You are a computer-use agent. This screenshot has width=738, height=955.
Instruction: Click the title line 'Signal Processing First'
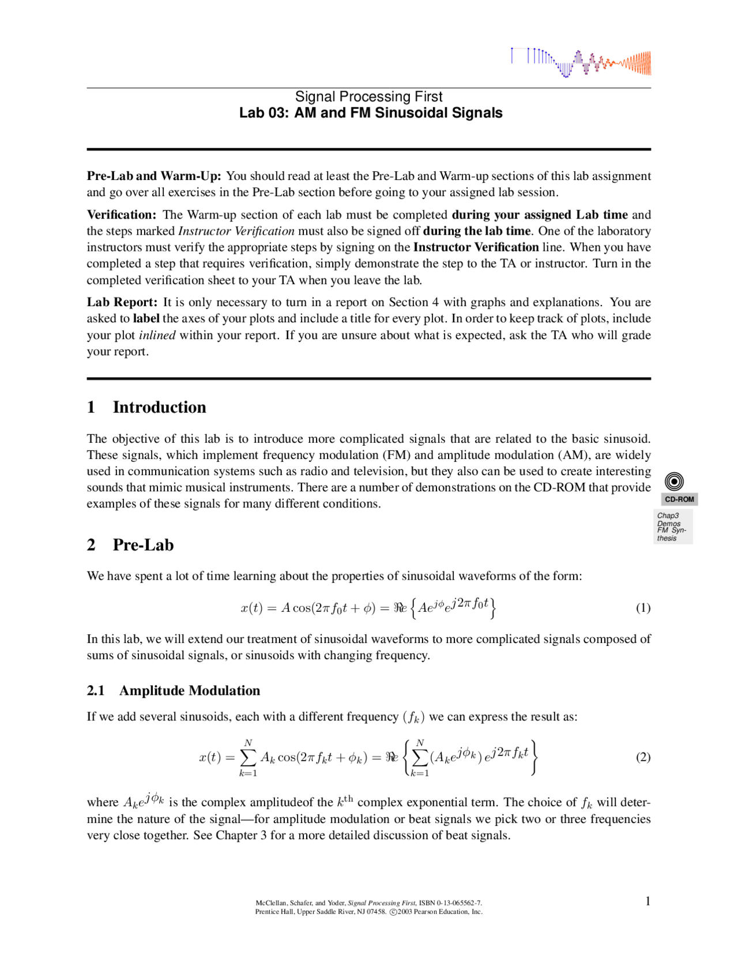point(369,96)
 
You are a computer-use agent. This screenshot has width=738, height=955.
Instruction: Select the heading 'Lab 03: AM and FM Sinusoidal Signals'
point(371,113)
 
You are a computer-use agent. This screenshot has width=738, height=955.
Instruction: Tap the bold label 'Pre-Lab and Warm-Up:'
point(154,176)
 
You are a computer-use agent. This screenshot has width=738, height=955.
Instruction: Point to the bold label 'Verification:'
point(122,215)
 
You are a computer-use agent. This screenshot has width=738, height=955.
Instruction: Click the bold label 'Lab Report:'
point(122,302)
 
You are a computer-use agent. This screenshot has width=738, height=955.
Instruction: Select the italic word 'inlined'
point(157,335)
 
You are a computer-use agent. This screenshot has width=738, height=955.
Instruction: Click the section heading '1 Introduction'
point(146,407)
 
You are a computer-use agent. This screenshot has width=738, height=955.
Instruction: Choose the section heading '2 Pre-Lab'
point(130,545)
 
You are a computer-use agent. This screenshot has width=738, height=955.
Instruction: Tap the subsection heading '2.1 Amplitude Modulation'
point(174,690)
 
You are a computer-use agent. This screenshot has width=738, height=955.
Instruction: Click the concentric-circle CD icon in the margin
point(674,482)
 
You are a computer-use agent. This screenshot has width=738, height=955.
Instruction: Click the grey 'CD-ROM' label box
point(679,499)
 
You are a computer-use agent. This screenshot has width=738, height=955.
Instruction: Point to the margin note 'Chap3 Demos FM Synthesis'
point(672,527)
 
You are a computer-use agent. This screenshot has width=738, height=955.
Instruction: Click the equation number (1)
point(643,608)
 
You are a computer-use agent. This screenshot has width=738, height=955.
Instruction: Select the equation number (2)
point(643,757)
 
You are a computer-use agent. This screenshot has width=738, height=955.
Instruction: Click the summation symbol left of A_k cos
point(248,757)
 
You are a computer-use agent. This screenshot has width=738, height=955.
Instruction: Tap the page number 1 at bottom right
point(648,901)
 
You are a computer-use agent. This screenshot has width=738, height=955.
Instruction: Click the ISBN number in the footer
point(450,903)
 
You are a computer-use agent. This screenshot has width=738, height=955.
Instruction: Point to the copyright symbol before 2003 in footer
point(393,912)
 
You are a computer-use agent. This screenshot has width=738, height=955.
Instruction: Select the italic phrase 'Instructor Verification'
point(236,231)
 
